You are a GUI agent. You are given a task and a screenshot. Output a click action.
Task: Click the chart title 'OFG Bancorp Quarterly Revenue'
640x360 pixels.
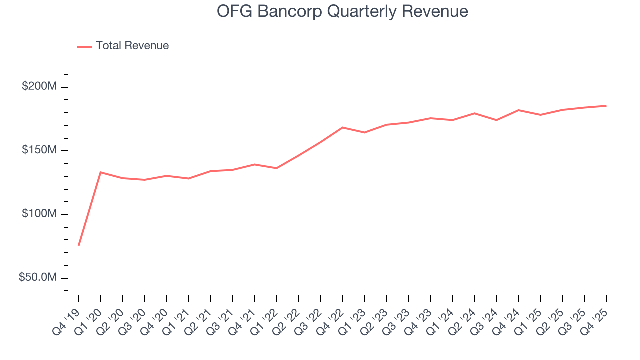(x=342, y=11)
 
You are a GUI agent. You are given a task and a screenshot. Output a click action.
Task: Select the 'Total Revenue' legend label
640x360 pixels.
(x=132, y=46)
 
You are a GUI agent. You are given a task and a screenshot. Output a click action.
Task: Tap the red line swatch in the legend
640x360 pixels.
(x=85, y=46)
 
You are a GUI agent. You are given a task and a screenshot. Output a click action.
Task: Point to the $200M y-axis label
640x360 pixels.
(x=39, y=87)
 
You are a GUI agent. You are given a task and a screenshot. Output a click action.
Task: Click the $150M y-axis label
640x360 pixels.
(x=39, y=150)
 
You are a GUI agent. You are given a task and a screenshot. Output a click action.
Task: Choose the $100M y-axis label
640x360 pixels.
(x=39, y=214)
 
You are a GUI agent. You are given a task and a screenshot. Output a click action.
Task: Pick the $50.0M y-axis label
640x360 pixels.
(x=38, y=277)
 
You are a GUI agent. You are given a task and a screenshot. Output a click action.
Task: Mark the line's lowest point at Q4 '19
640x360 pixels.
(x=79, y=245)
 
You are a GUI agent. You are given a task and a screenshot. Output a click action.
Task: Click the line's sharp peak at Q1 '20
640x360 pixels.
(x=101, y=172)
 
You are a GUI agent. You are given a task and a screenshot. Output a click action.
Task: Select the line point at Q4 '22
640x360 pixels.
(x=343, y=127)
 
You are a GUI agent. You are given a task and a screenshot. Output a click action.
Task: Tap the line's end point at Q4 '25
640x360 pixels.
(x=606, y=106)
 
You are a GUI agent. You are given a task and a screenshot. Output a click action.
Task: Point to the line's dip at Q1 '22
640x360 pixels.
(x=277, y=168)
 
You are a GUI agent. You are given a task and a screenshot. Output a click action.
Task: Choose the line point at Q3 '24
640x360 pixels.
(x=496, y=120)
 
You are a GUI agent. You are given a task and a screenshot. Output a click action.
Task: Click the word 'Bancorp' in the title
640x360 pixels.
(x=294, y=11)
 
